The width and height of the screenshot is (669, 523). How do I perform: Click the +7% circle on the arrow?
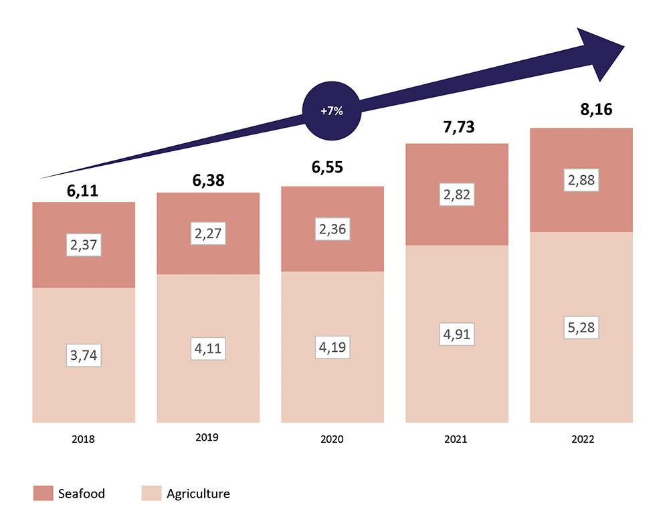332,112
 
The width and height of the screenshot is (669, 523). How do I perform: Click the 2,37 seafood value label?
84,245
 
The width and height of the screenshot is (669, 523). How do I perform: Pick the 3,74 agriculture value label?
84,356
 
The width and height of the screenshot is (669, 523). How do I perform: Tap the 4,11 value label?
208,347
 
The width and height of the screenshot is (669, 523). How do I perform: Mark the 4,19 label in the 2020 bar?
332,348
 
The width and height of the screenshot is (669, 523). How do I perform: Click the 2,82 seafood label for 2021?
457,195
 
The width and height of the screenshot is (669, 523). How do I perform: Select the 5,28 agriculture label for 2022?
581,328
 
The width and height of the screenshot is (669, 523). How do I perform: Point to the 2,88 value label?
581,181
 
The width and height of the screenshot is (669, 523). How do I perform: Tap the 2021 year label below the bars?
457,439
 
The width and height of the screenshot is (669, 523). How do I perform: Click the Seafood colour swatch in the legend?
43,494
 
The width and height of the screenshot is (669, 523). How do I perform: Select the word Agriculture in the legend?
198,494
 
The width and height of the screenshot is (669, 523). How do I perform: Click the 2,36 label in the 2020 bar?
332,229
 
